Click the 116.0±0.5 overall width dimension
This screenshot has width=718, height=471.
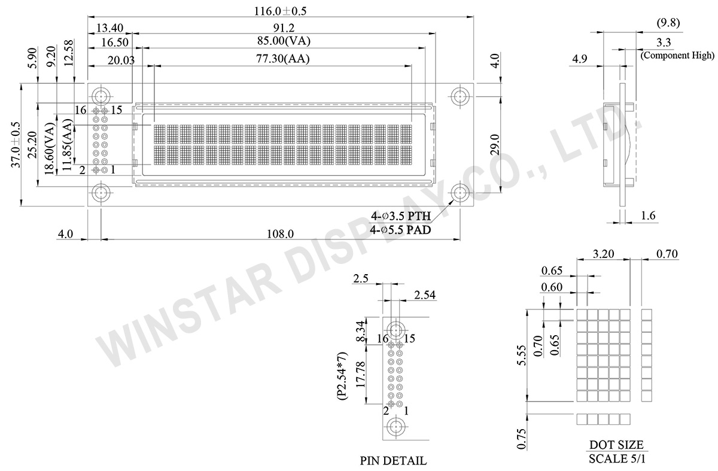[x=280, y=10]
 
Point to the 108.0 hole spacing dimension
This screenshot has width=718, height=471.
[x=280, y=234]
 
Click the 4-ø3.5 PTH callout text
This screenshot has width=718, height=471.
[x=400, y=217]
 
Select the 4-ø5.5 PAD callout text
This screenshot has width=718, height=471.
[x=400, y=229]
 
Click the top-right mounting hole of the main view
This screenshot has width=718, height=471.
[x=460, y=96]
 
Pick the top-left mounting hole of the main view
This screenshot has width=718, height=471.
[x=100, y=96]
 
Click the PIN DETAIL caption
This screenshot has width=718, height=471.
[x=393, y=461]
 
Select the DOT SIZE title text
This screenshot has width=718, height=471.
[x=616, y=445]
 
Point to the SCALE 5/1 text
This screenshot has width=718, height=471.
[x=616, y=458]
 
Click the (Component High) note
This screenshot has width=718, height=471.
[x=677, y=56]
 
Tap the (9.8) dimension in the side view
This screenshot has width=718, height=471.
[x=668, y=23]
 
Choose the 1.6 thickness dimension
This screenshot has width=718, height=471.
[x=648, y=215]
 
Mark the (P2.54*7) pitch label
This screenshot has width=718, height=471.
[x=342, y=376]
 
